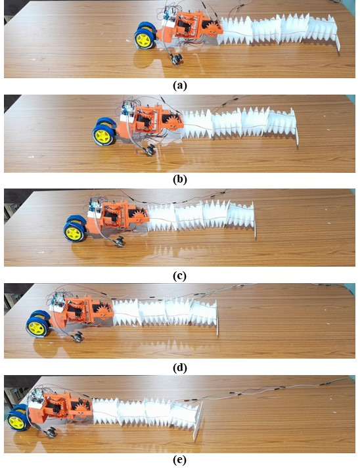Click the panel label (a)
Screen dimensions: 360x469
(179, 86)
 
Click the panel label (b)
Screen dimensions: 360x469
(179, 179)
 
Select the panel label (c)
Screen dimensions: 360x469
(179, 276)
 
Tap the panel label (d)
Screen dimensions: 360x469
(179, 368)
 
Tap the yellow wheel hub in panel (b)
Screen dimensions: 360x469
(102, 137)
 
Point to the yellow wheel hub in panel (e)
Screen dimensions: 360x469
(16, 421)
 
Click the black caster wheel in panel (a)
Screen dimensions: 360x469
(176, 59)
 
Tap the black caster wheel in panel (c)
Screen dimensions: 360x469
(120, 241)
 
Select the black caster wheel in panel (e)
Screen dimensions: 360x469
(51, 432)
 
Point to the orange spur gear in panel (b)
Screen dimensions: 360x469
(172, 123)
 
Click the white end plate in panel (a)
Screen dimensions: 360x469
(339, 43)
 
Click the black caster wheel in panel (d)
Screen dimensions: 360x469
(78, 336)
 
